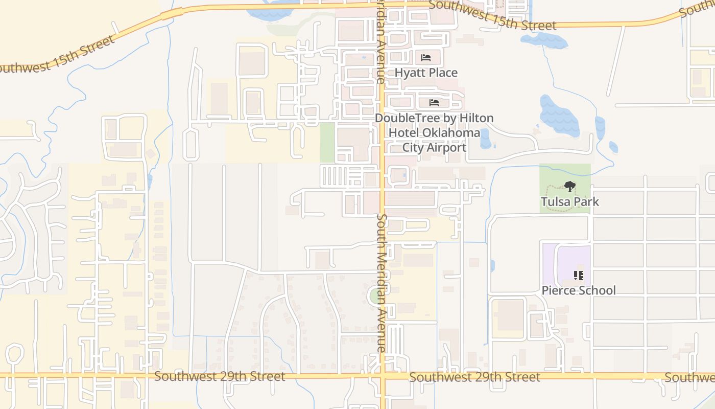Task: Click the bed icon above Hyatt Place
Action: coord(426,57)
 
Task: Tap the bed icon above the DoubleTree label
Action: coord(434,103)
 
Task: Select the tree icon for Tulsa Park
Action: coord(570,187)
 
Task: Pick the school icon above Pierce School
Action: coord(579,276)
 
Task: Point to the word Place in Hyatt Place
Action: coord(442,73)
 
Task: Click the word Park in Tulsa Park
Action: coord(585,201)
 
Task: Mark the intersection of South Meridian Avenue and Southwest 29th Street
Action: coord(383,376)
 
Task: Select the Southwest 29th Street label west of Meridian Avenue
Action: coord(220,376)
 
